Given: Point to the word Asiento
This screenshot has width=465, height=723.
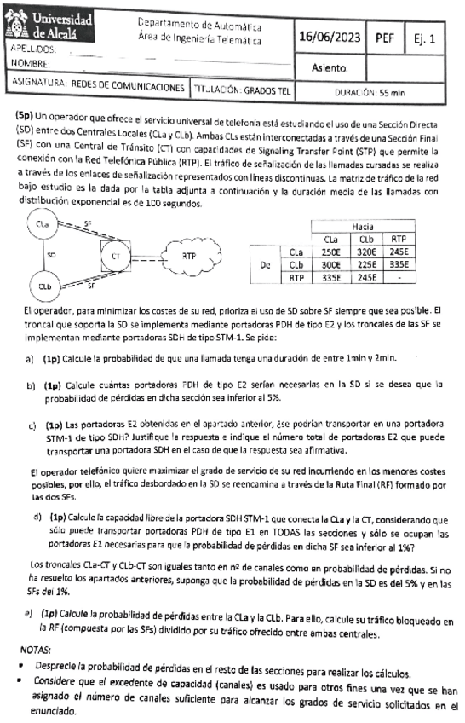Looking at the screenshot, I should (x=331, y=67).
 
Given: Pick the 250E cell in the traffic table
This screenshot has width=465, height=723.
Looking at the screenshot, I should (x=330, y=252).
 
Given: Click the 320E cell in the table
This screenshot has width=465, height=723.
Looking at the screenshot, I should (x=367, y=252).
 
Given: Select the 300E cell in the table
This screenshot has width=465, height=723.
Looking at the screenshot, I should (x=330, y=265).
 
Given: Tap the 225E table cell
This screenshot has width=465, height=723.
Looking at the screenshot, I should (x=367, y=265).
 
